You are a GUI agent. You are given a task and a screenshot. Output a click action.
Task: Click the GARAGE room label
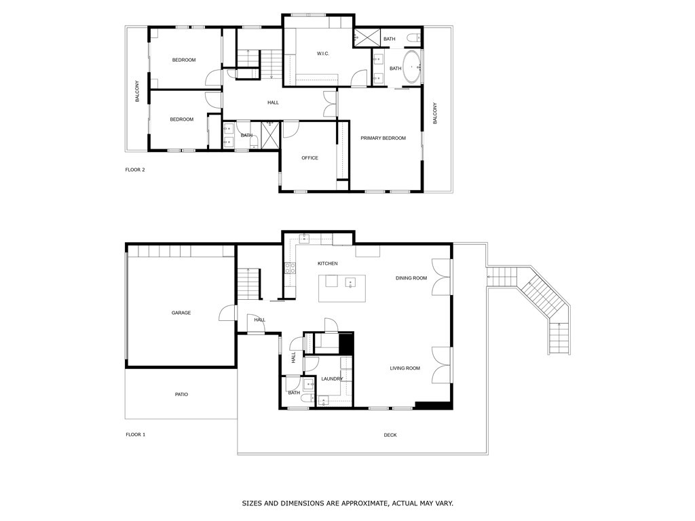click(181, 313)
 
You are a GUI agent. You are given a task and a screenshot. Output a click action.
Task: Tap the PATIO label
click(181, 394)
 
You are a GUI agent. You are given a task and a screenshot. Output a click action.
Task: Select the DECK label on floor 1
click(390, 435)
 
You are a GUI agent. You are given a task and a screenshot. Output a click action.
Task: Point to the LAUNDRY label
click(332, 379)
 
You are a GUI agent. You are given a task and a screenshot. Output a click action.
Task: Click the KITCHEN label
click(327, 263)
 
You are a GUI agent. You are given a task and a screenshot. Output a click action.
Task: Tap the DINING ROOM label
click(411, 277)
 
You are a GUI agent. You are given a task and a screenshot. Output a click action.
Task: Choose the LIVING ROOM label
click(405, 368)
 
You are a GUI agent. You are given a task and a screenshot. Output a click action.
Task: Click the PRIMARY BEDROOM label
click(383, 138)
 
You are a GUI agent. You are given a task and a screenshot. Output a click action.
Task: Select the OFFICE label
click(309, 158)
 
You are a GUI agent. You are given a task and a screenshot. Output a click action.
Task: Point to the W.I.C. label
click(323, 54)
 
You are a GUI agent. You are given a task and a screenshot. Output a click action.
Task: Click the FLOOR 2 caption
click(135, 170)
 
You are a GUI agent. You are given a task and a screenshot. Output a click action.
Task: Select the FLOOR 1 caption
click(135, 434)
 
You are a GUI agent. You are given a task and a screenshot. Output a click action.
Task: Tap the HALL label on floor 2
click(273, 102)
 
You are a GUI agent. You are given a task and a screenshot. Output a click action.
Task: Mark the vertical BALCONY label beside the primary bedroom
click(435, 113)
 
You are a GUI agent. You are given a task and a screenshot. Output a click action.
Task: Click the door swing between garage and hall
click(225, 313)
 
